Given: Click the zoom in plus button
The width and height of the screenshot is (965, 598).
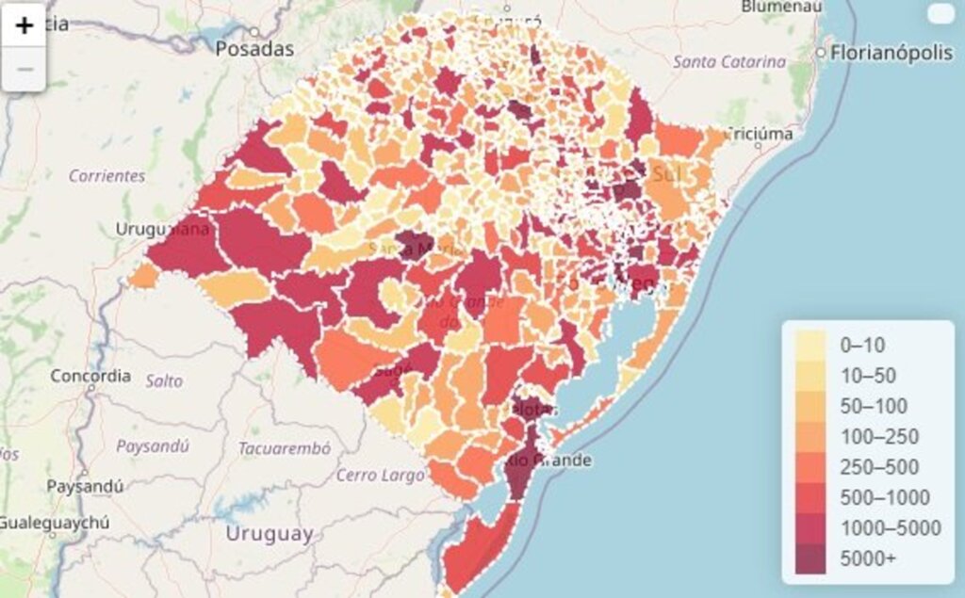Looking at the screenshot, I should [x=25, y=25].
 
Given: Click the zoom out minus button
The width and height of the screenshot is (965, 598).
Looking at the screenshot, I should [x=25, y=70].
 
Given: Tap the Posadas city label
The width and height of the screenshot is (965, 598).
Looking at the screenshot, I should [x=254, y=49].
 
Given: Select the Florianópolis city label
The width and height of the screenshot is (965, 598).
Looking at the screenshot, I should [x=891, y=53].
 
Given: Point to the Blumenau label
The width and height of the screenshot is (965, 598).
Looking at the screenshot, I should [x=781, y=7].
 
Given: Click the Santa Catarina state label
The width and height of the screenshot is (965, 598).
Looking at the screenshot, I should [x=728, y=61].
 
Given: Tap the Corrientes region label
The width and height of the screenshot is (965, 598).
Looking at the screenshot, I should [x=106, y=175].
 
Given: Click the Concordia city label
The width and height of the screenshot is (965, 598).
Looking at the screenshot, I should [x=90, y=376].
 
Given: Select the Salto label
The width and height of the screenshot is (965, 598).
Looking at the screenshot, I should [x=164, y=381].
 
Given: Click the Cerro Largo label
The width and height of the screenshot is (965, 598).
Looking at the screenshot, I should [x=380, y=475].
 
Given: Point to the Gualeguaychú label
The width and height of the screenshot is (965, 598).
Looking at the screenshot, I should [x=55, y=523].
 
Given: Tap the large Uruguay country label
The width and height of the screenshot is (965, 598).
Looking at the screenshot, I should [x=269, y=534].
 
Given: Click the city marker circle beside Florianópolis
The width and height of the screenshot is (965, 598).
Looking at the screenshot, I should [x=821, y=53].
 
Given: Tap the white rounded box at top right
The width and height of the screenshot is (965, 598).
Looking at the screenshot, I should [x=940, y=13].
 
